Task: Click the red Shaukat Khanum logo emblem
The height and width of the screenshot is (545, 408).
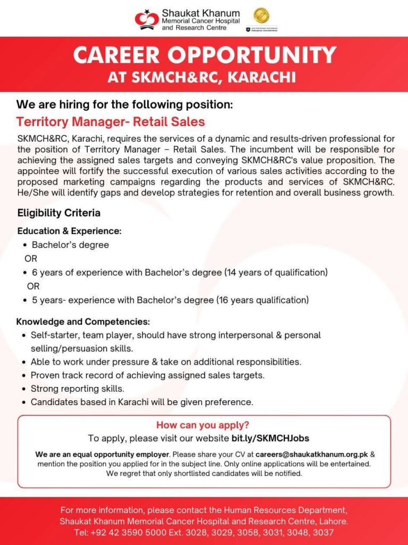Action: (146, 20)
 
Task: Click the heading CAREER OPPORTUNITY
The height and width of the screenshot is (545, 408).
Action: (204, 55)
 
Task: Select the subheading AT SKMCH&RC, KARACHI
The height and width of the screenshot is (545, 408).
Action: (204, 77)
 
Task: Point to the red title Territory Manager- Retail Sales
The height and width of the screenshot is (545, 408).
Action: (111, 122)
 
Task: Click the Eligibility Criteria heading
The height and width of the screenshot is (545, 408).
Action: (59, 213)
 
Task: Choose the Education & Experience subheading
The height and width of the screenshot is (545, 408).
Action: (70, 232)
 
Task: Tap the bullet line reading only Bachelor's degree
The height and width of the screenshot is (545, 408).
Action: (70, 245)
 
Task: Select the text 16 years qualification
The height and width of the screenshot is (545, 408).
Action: (262, 300)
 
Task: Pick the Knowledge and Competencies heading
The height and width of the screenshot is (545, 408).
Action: (83, 322)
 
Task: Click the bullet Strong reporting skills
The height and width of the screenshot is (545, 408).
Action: (78, 389)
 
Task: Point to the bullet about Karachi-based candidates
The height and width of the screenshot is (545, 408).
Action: (142, 402)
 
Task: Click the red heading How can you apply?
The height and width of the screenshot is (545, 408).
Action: (203, 425)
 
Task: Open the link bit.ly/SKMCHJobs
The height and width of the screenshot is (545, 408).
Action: (270, 439)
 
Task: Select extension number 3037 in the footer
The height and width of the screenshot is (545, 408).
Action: (324, 532)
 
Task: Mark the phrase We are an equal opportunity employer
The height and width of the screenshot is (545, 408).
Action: (102, 455)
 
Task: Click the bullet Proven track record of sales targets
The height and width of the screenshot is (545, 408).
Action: (147, 375)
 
